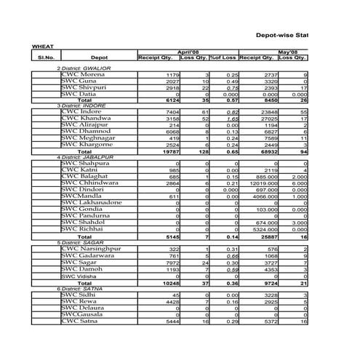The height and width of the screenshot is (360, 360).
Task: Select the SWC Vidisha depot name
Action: point(79,276)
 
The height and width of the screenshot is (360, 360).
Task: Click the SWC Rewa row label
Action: point(79,301)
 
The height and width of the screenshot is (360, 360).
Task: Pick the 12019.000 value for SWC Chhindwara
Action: point(257,183)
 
